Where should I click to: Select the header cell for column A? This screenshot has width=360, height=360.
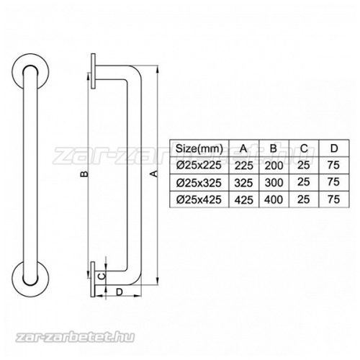244,148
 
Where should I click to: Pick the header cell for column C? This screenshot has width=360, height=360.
304,148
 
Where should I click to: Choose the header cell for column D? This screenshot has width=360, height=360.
333,148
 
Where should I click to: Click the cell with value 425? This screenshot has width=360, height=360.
244,197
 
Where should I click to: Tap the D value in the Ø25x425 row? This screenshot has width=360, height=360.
333,197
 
